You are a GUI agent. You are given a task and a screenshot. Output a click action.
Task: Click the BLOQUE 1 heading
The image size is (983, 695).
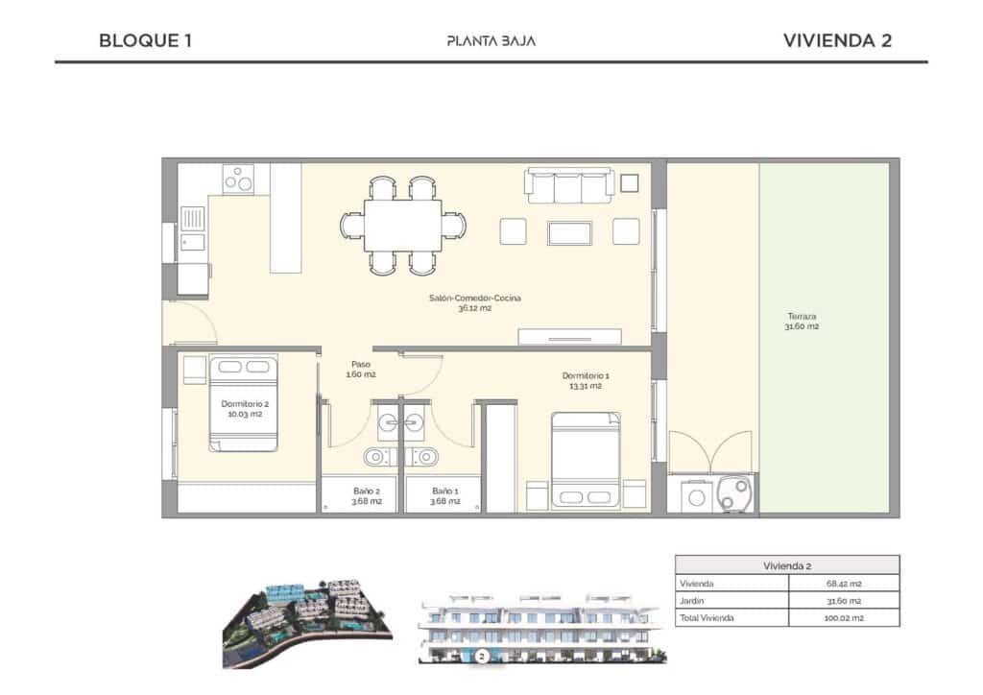click(x=146, y=40)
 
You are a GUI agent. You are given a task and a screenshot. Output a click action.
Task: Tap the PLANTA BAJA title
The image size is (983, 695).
click(x=491, y=41)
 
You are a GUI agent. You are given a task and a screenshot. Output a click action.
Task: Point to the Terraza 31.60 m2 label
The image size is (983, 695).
click(x=803, y=322)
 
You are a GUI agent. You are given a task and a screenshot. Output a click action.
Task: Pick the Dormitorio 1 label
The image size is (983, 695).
click(x=585, y=380)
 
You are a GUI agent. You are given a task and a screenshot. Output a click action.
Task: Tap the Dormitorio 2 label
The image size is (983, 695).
click(x=245, y=410)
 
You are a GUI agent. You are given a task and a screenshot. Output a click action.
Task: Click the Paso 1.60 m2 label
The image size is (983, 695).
click(x=362, y=370)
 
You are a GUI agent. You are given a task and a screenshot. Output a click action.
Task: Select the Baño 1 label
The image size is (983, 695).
click(x=444, y=494)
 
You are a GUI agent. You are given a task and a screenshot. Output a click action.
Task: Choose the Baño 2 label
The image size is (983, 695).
click(x=360, y=494)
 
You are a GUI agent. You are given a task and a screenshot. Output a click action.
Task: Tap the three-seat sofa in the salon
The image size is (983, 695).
click(x=569, y=185)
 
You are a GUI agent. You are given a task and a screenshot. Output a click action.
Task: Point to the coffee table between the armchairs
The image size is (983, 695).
click(x=570, y=232)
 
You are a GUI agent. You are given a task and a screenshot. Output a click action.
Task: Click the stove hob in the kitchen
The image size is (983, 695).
click(x=238, y=179)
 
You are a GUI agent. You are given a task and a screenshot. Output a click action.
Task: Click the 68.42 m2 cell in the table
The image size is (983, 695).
click(x=844, y=584)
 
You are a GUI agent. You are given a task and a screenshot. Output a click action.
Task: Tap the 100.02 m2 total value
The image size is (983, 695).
click(x=844, y=618)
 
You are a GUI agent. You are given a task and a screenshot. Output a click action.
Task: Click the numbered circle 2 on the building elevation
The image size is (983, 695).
click(x=482, y=658)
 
